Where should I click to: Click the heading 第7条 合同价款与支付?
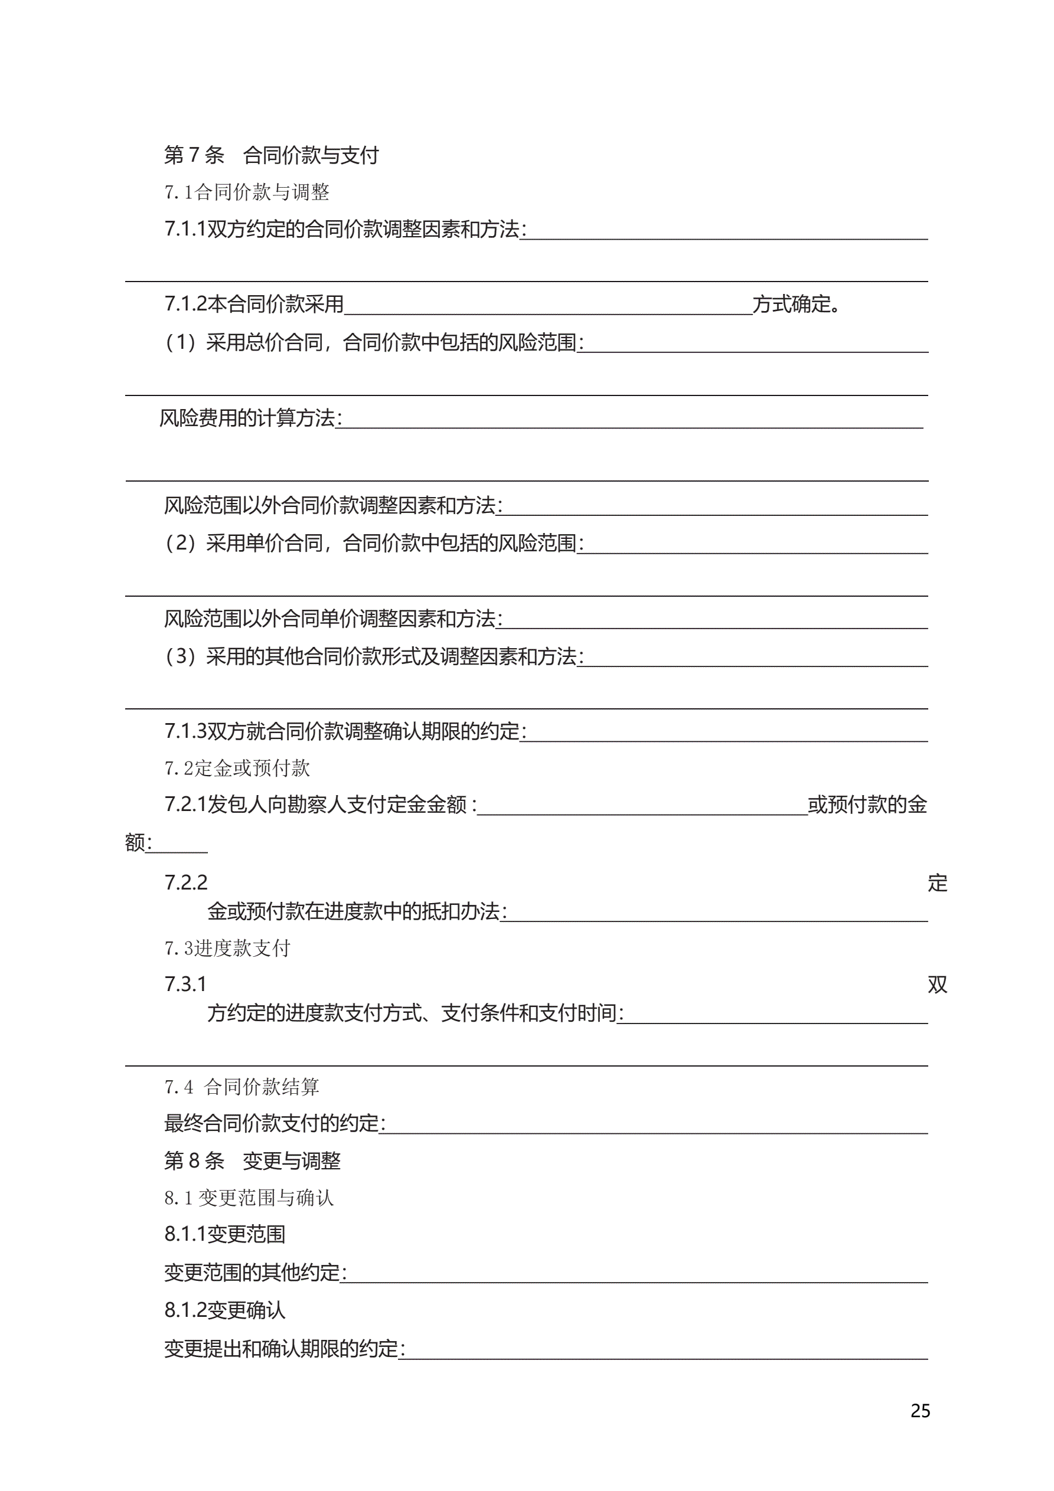pos(271,155)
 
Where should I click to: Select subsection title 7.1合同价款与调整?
pos(247,192)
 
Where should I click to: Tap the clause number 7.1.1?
pos(185,228)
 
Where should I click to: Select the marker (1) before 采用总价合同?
pos(180,342)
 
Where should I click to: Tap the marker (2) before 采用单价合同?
pos(180,543)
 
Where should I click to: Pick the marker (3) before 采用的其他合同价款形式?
pos(180,656)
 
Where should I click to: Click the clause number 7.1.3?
pos(185,731)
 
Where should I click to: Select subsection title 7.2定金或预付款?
pos(237,769)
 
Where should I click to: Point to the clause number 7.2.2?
pos(186,882)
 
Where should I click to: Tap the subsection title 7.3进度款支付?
pos(227,948)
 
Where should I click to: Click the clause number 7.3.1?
pos(185,984)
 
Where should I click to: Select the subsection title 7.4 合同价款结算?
pos(242,1087)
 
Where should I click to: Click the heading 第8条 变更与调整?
pos(252,1160)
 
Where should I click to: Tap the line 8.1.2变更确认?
pos(225,1310)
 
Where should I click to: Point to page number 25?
pos(920,1411)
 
